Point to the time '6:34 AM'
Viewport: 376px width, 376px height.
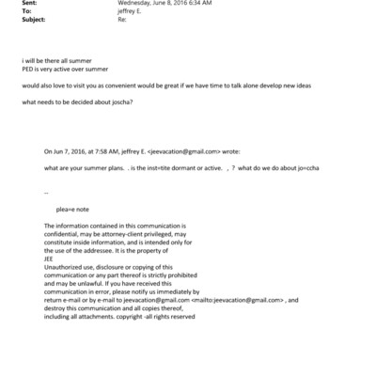pos(196,4)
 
